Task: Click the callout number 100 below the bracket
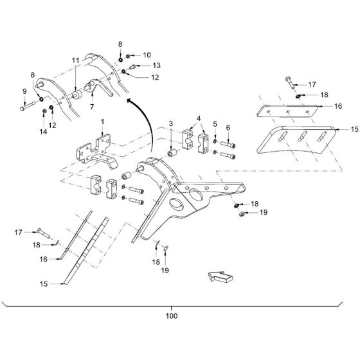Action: point(172,316)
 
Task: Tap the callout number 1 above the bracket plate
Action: point(102,122)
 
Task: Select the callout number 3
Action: point(170,123)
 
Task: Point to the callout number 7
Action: point(92,107)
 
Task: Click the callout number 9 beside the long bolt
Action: point(24,91)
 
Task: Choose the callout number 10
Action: point(147,55)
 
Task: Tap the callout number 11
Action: point(76,60)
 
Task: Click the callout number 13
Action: point(157,66)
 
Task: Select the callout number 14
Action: point(43,132)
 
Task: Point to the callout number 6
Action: point(228,128)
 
